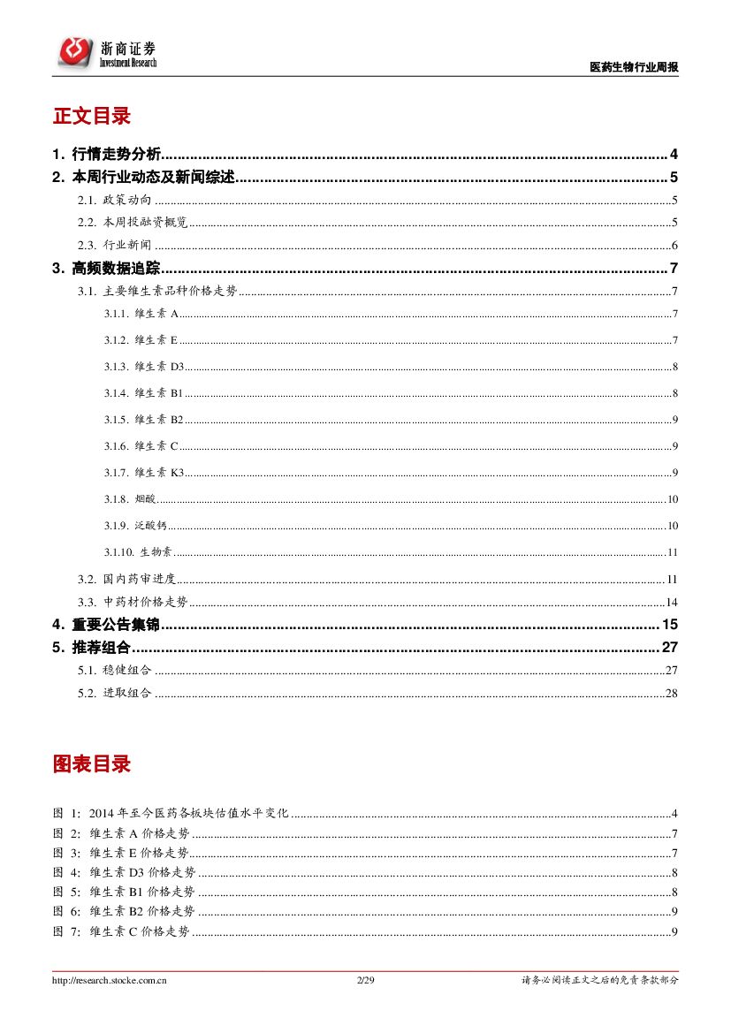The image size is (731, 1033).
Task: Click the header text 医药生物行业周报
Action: (x=634, y=68)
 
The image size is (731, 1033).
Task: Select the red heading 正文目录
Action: (x=92, y=117)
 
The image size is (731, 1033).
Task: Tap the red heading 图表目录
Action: (x=92, y=764)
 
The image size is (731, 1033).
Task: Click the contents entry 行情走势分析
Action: (x=117, y=154)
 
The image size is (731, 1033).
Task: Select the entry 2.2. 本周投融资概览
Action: (x=133, y=223)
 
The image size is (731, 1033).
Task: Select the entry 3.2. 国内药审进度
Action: (x=126, y=580)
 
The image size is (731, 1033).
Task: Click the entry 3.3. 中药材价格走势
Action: (x=133, y=602)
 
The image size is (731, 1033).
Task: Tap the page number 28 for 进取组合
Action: (x=671, y=693)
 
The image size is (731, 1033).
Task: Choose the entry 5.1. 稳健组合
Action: (x=115, y=670)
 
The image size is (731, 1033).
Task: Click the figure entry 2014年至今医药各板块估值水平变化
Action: (x=189, y=813)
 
